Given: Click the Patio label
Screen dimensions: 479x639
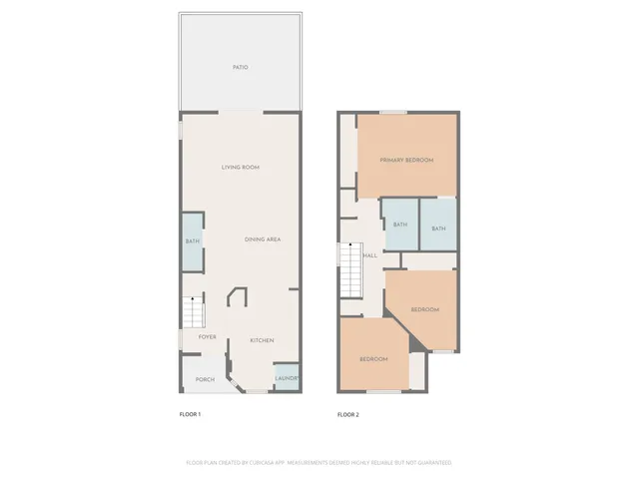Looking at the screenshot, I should (x=240, y=68).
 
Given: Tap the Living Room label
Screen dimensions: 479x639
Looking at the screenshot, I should (x=240, y=167).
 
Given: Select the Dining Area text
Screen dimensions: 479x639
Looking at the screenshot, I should (x=263, y=239).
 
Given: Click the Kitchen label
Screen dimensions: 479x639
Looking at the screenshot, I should (x=262, y=340).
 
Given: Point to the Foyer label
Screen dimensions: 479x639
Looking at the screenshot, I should (x=207, y=337).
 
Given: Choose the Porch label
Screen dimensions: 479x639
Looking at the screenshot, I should (x=204, y=379).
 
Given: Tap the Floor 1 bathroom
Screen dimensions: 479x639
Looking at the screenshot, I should (x=192, y=241).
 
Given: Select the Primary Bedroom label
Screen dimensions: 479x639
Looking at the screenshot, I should (x=406, y=160).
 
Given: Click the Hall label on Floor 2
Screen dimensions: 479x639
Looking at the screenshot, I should (x=370, y=256).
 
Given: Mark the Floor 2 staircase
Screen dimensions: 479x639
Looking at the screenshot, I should (x=350, y=270).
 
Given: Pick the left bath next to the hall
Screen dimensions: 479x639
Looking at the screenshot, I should (x=400, y=225).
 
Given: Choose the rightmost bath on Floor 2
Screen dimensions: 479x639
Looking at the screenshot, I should (x=438, y=229).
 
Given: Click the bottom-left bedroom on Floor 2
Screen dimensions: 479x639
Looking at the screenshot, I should (x=373, y=358).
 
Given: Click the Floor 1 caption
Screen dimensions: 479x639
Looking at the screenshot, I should (x=190, y=414).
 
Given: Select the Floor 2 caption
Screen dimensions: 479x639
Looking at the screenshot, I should (x=347, y=414).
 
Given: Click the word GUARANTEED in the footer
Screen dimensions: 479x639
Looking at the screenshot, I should (x=433, y=463).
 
